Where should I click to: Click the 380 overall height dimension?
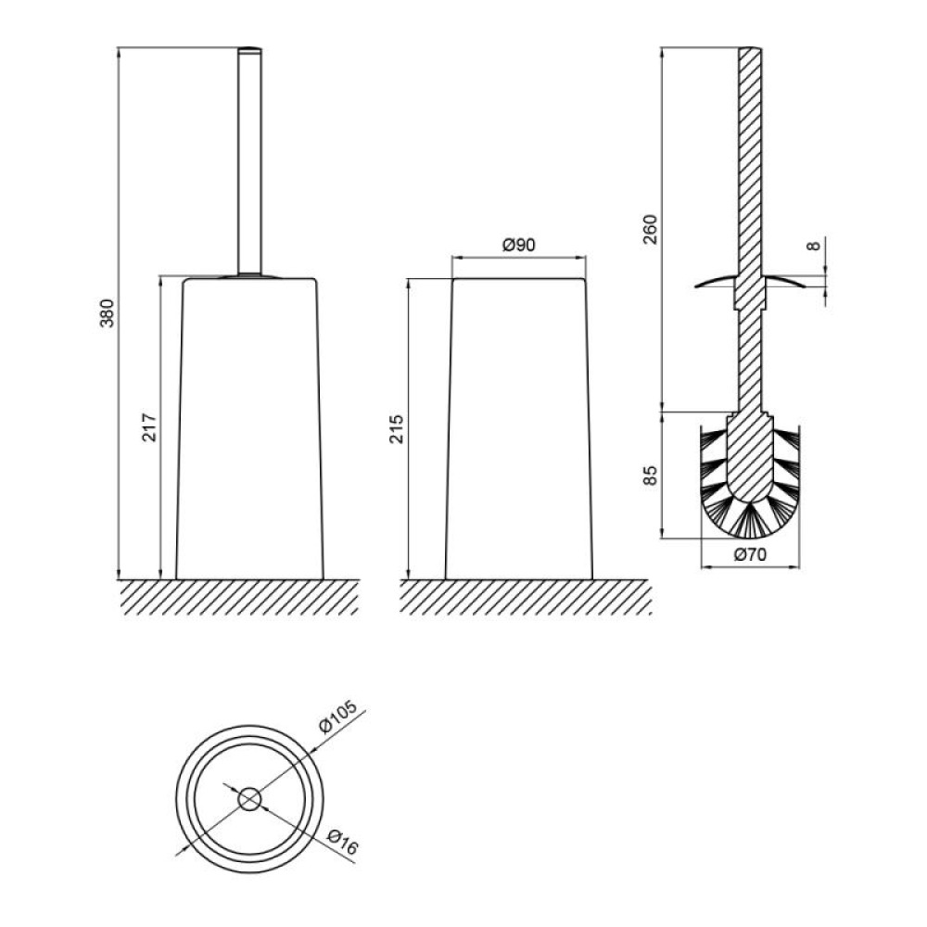(107, 313)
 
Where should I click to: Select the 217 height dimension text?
(149, 426)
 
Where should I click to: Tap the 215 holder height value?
(396, 429)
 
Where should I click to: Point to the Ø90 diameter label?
(519, 244)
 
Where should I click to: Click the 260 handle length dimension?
(650, 229)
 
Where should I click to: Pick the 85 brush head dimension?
(650, 476)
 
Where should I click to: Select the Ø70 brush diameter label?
(750, 554)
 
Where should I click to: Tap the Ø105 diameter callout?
(338, 717)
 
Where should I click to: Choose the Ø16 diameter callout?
(342, 842)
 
